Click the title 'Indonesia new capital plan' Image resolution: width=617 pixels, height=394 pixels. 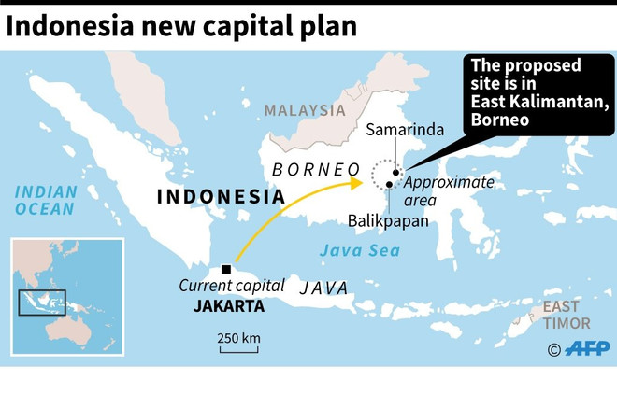181,25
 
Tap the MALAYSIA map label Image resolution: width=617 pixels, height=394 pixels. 304,110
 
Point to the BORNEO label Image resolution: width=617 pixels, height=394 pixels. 315,169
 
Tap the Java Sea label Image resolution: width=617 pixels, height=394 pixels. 359,250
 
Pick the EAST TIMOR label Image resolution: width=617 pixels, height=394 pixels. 567,316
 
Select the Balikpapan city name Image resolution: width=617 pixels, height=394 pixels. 388,221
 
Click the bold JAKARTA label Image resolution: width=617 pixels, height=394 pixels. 229,305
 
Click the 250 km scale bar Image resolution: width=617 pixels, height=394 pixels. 239,351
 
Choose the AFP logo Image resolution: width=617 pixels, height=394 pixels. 580,349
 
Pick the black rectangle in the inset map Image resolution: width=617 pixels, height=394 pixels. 43,303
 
